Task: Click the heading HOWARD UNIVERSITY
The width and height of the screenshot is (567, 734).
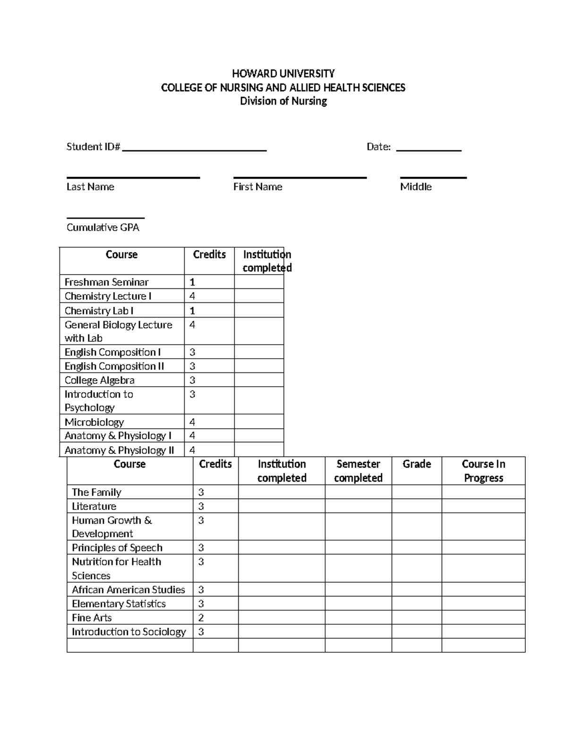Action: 283,73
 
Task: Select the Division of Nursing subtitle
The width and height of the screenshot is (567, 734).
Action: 283,101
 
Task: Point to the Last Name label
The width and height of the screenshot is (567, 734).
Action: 90,187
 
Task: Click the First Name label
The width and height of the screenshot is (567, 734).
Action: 258,187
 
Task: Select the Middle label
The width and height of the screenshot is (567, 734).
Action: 416,187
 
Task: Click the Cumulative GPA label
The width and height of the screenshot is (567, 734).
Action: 103,227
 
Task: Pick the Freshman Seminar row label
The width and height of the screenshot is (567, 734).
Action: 106,282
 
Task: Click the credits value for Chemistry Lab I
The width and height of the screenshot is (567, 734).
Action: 192,311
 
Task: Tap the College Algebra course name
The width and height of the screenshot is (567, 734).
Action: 99,380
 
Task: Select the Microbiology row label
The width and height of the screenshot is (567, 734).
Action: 94,422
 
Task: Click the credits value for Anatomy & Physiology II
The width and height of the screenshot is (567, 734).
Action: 192,450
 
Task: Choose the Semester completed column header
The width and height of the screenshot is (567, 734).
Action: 358,471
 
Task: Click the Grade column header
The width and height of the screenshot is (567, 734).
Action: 416,464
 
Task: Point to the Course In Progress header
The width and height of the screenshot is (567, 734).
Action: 483,471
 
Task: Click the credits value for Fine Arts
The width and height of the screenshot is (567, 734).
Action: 201,618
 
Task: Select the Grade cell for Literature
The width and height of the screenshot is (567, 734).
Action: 416,506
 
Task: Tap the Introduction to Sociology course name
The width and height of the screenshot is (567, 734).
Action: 129,632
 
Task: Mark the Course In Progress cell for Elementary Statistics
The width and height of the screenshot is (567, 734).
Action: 483,604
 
